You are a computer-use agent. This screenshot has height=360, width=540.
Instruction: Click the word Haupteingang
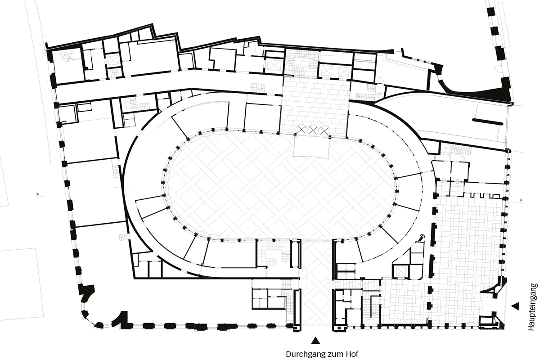click(532, 307)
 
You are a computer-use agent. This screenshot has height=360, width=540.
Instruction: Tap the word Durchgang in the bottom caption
click(306, 354)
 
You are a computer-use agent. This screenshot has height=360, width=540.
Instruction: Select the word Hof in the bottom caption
click(352, 354)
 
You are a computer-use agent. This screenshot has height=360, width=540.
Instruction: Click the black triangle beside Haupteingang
click(516, 306)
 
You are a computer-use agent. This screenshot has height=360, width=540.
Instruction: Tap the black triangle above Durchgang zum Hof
click(315, 340)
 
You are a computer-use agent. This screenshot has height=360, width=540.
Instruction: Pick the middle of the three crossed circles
click(313, 130)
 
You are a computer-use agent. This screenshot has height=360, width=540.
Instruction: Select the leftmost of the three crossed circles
click(301, 130)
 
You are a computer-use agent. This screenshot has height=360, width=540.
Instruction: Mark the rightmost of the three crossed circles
click(324, 130)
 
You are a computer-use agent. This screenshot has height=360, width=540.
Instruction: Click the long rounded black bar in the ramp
click(488, 122)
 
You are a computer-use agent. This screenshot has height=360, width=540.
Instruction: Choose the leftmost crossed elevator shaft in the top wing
click(112, 60)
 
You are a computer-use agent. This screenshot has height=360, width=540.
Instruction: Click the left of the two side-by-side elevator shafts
click(327, 71)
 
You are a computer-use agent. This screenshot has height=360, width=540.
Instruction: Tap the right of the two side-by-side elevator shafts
click(343, 71)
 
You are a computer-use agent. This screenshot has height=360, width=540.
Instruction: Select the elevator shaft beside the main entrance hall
click(400, 271)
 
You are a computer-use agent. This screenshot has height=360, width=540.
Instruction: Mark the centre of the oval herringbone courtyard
click(282, 186)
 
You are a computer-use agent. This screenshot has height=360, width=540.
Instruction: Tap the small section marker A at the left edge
click(38, 194)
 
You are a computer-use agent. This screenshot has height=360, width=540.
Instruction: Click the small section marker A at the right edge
click(521, 200)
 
